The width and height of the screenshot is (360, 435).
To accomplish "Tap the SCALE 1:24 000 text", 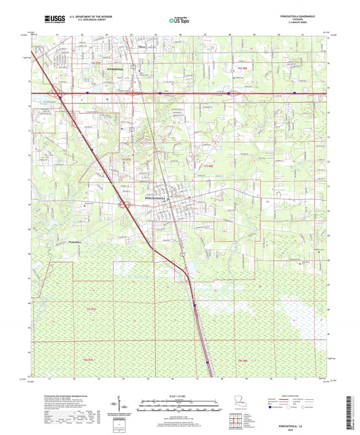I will (179, 396).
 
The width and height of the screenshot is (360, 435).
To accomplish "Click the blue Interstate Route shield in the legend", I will (270, 408).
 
